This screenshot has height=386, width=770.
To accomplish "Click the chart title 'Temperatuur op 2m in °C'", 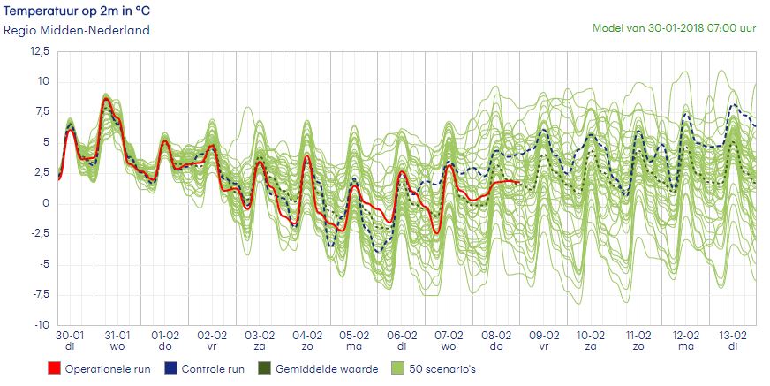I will (74, 11).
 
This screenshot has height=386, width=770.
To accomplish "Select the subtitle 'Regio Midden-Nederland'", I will (76, 30).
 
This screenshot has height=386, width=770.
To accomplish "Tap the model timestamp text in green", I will (674, 28).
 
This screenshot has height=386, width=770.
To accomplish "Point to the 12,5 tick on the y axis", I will (40, 51).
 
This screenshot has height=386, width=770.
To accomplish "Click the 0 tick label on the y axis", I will (46, 204).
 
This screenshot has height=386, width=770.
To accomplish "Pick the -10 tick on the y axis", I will (40, 326).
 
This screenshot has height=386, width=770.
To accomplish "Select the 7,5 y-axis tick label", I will (42, 112).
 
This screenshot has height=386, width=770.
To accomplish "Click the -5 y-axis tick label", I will (43, 265).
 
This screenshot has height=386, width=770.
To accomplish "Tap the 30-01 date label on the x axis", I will (71, 336).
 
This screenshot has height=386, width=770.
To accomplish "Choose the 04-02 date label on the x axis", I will (306, 336).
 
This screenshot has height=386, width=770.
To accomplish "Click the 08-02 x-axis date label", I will (495, 336).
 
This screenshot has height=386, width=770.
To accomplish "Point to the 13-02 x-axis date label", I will (732, 336).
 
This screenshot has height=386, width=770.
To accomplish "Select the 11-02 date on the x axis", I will (638, 336).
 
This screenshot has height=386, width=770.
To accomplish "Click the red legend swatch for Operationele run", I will (56, 368).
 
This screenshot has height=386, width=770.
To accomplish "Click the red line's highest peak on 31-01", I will (106, 100).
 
